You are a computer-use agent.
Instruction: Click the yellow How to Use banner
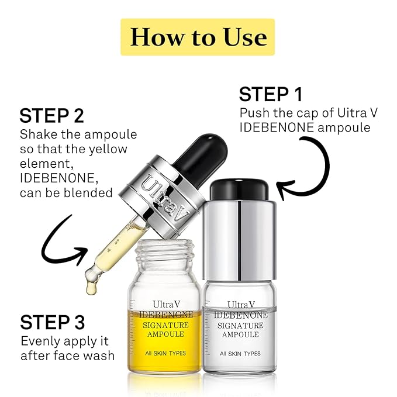[x=198, y=37]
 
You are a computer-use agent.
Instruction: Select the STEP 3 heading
[x=53, y=322]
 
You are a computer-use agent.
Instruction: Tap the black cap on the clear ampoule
[x=239, y=189]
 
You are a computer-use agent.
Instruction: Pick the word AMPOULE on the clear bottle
[x=240, y=334]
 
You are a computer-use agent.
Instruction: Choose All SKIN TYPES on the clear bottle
[x=240, y=353]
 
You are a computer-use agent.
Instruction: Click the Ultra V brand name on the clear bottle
[x=240, y=305]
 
